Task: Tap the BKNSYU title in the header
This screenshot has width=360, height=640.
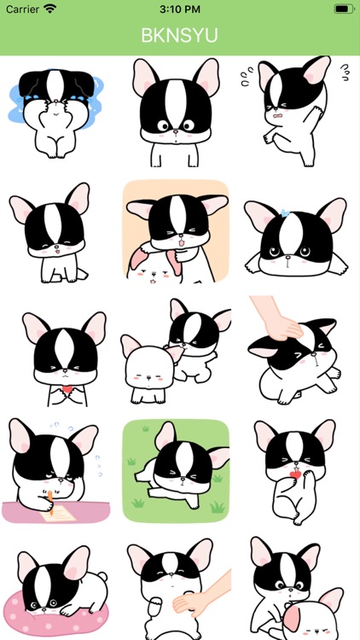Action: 180,36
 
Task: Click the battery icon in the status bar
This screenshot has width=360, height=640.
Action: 344,9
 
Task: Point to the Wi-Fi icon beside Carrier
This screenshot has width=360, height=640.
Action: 50,9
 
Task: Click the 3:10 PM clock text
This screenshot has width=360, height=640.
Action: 180,9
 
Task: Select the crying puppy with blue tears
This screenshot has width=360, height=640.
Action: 57,113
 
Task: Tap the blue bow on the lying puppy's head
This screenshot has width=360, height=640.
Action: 285,212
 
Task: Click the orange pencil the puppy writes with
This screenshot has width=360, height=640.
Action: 50,501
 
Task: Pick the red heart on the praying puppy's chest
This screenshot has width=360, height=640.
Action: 67,388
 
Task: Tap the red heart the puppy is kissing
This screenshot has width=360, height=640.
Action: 294,474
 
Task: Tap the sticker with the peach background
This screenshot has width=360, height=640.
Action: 176,231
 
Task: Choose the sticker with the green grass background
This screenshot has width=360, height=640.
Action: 176,470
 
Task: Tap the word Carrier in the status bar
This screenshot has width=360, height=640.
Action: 22,9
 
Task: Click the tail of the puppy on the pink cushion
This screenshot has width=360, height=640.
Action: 102,577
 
